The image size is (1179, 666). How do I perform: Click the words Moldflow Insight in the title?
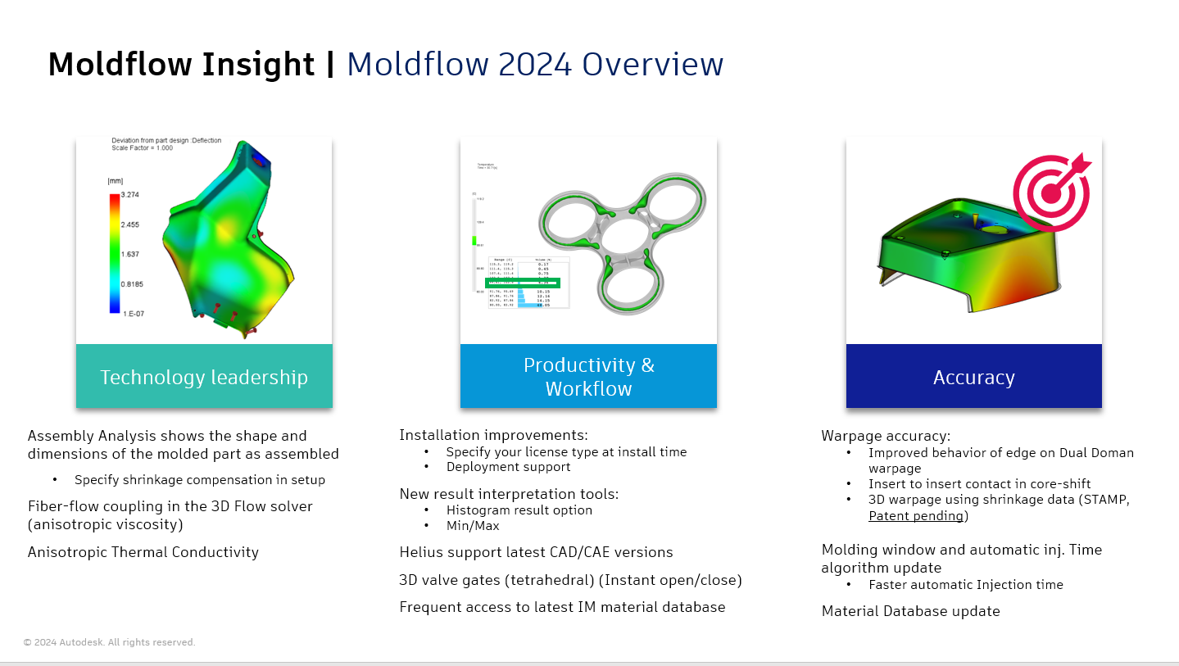[x=181, y=64]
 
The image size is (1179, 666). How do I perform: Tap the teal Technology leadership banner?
[x=204, y=377]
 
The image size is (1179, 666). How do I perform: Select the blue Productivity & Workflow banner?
[x=588, y=377]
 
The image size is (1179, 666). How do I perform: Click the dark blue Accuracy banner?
[x=973, y=377]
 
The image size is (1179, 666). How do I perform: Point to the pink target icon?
[x=1052, y=192]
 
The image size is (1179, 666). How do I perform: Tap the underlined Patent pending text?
[x=916, y=516]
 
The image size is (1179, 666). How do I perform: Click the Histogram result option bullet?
[x=519, y=510]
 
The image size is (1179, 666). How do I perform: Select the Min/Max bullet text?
[x=473, y=525]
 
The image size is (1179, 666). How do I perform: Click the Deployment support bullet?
[x=508, y=467]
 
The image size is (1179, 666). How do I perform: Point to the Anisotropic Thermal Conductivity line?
[x=143, y=552]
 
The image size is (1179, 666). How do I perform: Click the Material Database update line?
[x=910, y=611]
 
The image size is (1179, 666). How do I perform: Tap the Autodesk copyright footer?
[x=109, y=642]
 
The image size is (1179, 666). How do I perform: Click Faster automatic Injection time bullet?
[x=965, y=585]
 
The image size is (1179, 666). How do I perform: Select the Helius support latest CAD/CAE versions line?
[x=536, y=552]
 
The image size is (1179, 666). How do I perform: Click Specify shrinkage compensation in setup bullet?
[x=199, y=480]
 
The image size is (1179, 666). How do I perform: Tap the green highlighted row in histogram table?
[x=522, y=283]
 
